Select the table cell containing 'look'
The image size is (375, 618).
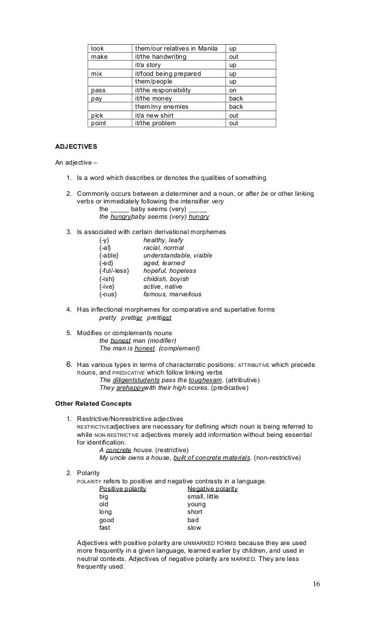[x=97, y=48]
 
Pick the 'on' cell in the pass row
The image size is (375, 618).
[x=232, y=91]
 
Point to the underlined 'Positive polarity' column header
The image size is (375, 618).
[x=123, y=489]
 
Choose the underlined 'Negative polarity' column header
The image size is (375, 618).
[x=212, y=489]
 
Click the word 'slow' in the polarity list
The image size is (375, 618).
[x=194, y=527]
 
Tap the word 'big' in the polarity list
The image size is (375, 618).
[x=104, y=496]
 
